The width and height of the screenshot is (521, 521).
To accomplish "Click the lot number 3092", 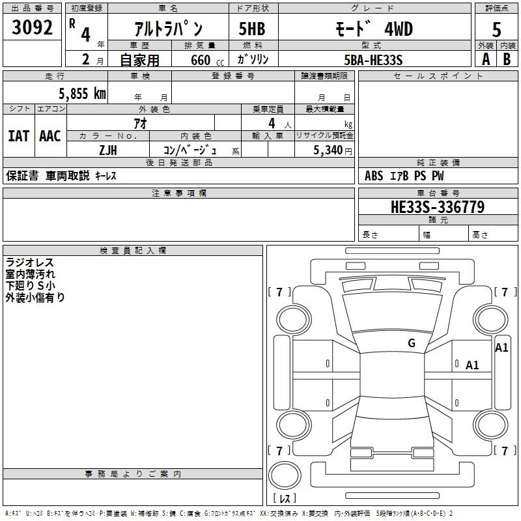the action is pos(33,27).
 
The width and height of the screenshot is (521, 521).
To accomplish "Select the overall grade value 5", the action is pos(496,29).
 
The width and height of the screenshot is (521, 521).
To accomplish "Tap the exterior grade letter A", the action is pos(485,59).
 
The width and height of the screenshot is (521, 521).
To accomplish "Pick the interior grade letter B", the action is pos(507,59).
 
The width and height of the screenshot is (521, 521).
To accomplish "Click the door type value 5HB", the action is pos(252,29).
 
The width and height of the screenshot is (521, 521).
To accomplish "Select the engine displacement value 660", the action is pos(200,60).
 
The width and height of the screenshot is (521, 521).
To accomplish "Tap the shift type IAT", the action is pos(18,136).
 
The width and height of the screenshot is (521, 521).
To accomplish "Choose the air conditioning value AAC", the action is pos(49,136).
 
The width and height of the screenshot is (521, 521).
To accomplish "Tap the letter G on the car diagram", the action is pos(412,343).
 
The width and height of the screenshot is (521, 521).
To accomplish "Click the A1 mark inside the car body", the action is pos(472,365).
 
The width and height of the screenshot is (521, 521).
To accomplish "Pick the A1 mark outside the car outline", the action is pos(501,348).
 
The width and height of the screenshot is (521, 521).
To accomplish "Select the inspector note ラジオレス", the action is pos(30,262).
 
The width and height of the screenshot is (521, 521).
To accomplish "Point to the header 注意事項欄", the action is pos(178,193).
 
